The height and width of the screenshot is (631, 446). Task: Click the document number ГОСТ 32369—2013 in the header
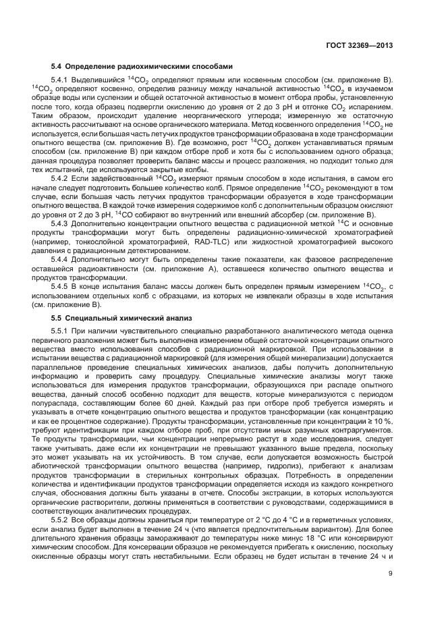(358, 46)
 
